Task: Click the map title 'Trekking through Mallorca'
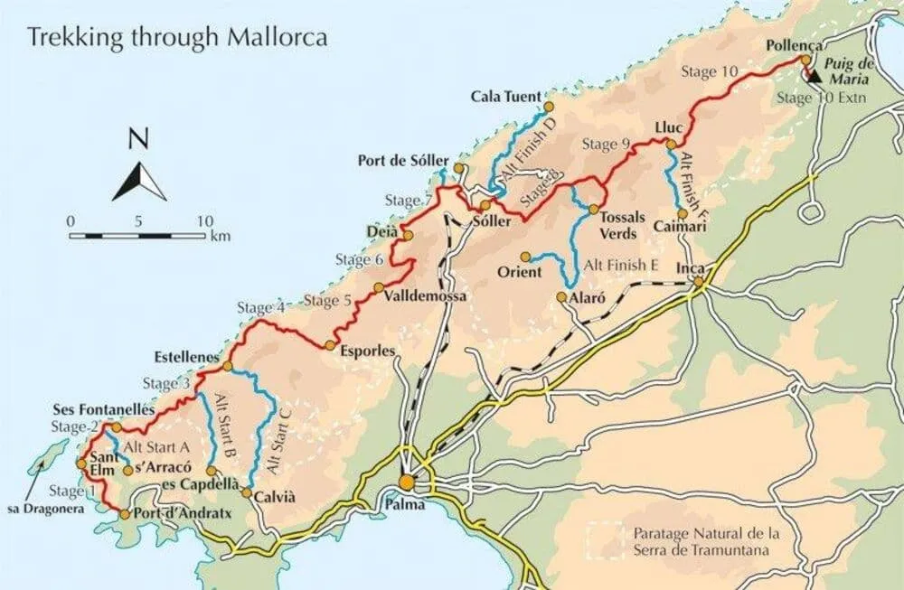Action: tap(176, 38)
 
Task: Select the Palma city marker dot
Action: tap(408, 482)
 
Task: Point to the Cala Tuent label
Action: tap(505, 97)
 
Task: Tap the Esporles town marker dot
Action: tap(330, 345)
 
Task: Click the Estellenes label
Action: tap(187, 357)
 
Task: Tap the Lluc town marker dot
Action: tap(671, 144)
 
